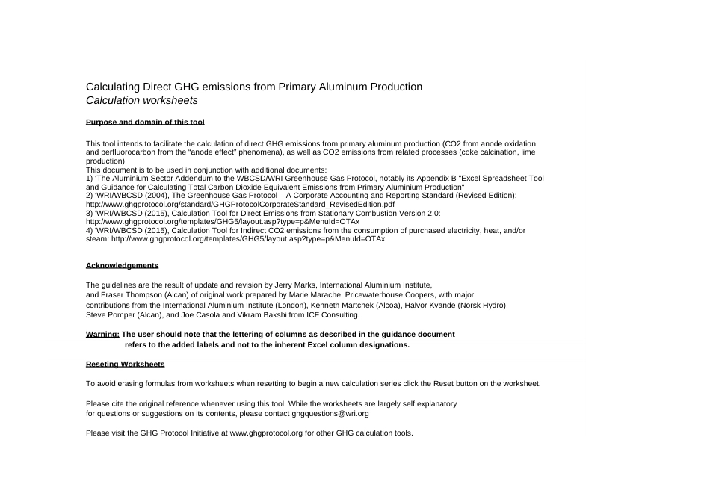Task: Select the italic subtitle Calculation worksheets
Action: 142,100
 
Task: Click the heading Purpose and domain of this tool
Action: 145,122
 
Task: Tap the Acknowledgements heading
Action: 122,266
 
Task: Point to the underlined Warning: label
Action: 102,335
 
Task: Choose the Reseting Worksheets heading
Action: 125,364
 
